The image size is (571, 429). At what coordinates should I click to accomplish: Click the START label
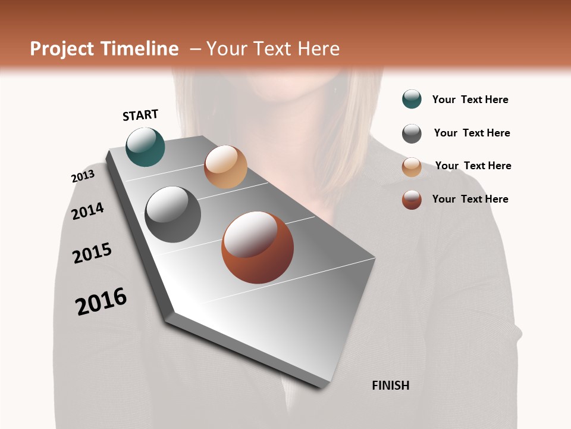pos(140,115)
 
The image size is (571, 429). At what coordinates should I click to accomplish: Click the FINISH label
pos(390,386)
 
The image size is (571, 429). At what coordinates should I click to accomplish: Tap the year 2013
pos(83,176)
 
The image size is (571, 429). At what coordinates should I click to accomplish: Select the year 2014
pos(87,211)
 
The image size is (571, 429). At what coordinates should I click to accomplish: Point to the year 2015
pos(92,253)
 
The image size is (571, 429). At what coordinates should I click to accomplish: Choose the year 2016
pos(101,301)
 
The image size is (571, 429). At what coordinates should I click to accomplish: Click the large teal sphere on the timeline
pos(145,147)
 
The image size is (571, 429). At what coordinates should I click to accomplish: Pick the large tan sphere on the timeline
pos(225,167)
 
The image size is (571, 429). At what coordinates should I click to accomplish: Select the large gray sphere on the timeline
pos(173,214)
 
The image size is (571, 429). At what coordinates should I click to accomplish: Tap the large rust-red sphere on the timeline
pos(258,247)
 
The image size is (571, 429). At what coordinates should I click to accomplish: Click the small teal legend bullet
pos(412,99)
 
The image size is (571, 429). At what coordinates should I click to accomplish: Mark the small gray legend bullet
pos(412,133)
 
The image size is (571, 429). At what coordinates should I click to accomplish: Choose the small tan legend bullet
pos(412,167)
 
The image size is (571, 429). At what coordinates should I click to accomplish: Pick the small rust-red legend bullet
pos(412,200)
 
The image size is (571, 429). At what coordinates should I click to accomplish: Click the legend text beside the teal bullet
pos(470,100)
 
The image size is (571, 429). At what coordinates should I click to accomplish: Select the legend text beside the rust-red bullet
pos(470,199)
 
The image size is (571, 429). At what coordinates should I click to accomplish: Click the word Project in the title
pos(62,49)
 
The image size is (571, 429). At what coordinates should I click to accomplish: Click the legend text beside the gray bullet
pos(472,133)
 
